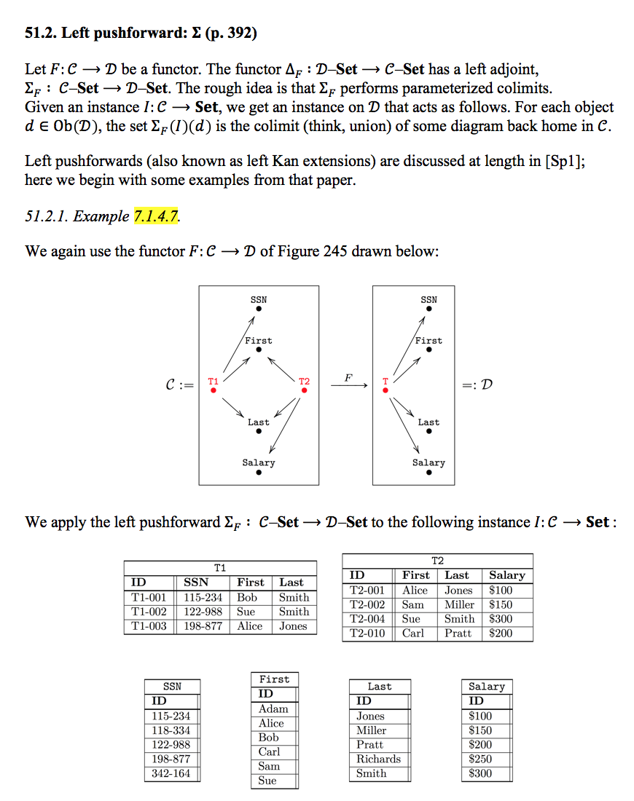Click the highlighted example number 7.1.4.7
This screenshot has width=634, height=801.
157,216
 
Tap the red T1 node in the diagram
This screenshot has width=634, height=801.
213,390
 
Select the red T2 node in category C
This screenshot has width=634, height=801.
304,390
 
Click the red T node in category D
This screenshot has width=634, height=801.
386,390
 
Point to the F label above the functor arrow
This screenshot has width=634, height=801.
348,378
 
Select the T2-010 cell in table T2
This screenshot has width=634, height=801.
367,633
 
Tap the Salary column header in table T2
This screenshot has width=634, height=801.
507,575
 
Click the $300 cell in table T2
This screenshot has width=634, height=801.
501,619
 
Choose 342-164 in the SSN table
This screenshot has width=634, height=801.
171,773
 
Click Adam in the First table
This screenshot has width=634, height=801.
273,709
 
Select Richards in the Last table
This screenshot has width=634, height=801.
378,759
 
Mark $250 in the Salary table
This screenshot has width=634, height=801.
480,759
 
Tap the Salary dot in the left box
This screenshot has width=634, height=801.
259,472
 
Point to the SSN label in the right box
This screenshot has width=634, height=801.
428,299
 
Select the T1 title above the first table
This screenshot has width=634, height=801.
220,567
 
